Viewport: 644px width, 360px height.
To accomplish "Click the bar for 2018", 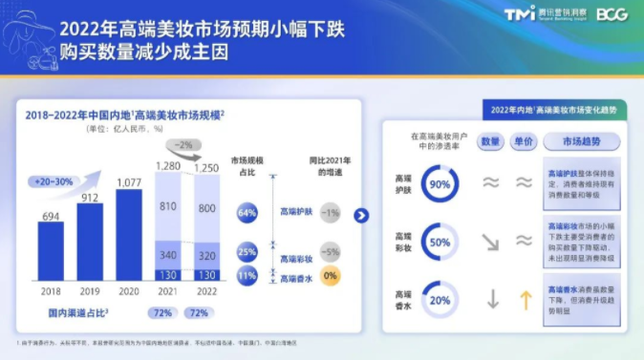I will (x=52, y=251).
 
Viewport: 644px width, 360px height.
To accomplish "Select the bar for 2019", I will (x=89, y=242).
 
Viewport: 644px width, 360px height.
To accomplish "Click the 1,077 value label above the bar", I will (x=128, y=181).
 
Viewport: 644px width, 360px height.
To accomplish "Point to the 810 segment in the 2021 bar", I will (x=166, y=205).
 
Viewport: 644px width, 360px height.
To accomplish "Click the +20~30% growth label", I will (x=53, y=180).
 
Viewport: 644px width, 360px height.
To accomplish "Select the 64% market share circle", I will (x=247, y=212).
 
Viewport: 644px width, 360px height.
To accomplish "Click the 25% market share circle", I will (x=247, y=252).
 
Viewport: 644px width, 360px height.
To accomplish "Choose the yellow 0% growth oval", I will (x=331, y=275).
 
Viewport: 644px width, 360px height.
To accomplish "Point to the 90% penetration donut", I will (x=440, y=184).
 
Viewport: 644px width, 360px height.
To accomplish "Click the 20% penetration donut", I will (x=440, y=299).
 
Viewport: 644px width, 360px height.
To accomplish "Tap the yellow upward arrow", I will (x=524, y=299).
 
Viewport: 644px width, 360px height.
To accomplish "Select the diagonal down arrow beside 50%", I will (x=491, y=242).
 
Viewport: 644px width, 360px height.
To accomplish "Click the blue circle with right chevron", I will (x=361, y=215).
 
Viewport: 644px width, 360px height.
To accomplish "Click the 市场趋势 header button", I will (x=582, y=141).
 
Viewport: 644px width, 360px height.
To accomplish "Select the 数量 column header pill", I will (x=491, y=141).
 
